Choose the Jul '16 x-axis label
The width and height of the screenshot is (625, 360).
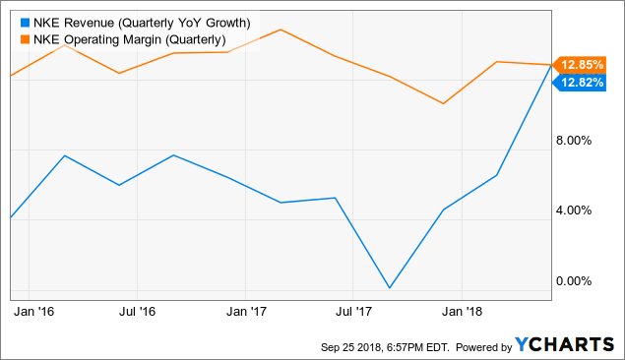(x=137, y=312)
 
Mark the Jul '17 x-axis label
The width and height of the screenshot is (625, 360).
(x=353, y=312)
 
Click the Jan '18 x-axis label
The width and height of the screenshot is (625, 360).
(x=463, y=312)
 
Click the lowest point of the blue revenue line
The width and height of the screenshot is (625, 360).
(x=390, y=288)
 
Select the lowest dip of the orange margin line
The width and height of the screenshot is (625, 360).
(x=444, y=103)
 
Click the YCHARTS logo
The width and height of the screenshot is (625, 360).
(x=564, y=345)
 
